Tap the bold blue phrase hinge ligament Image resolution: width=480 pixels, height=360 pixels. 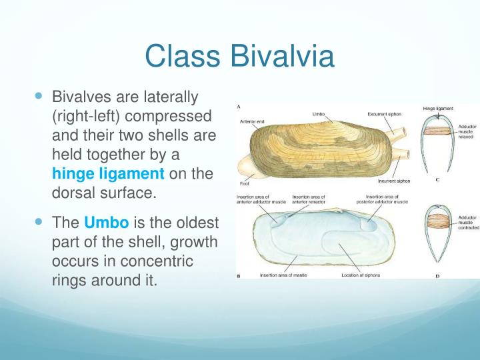point(108,175)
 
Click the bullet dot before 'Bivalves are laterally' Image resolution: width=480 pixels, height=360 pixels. point(38,97)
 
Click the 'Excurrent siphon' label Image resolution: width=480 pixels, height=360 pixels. point(384,114)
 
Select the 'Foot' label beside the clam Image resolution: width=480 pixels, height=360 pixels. point(244,183)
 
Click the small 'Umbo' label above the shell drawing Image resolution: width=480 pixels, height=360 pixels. point(319,114)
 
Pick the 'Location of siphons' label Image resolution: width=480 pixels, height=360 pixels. point(360,275)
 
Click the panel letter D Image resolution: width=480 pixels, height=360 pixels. point(437,275)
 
